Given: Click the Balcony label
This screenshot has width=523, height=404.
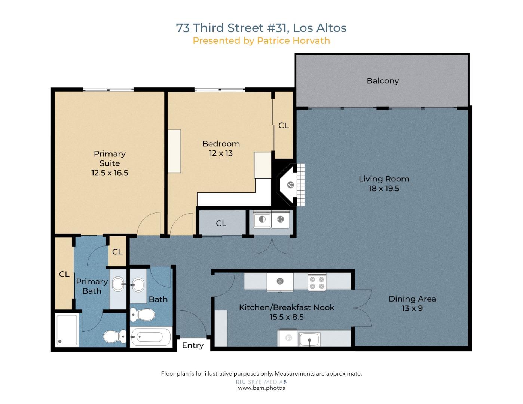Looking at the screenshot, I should pos(383,81).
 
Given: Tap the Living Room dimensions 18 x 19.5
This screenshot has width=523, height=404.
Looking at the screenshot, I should pos(384,189).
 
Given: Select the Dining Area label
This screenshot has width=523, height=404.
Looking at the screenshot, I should pos(412,299).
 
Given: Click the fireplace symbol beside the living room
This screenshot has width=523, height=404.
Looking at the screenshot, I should pos(290,185).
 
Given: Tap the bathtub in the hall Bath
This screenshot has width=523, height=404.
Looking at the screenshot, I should pos(150,337).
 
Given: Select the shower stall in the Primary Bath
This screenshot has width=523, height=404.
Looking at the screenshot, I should pos(67,330).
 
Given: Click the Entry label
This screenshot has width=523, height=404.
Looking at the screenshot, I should pos(193,345).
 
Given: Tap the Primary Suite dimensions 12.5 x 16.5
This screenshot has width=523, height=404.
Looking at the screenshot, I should pos(110,173).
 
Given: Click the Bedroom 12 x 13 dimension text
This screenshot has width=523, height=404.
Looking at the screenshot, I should pos(221,153).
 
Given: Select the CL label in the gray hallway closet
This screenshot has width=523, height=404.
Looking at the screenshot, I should pos(221,223).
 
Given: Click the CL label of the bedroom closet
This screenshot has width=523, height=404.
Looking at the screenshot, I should pos(283,126).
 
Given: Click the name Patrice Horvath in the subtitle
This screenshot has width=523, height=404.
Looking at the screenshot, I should pos(293,40).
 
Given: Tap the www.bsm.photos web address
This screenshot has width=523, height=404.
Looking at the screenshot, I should pos(261,388).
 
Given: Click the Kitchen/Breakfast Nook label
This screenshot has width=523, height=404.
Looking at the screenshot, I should pos(286,307).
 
